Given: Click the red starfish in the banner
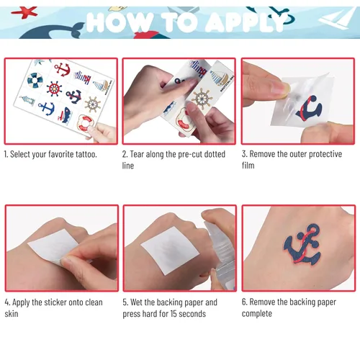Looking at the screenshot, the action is [24, 12].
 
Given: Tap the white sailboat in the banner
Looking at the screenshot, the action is [337, 19].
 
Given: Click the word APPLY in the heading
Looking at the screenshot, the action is [246, 22].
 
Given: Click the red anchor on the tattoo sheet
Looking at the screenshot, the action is [62, 69].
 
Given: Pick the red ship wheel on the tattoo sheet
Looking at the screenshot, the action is [54, 89].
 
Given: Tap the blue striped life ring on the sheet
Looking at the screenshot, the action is [35, 81].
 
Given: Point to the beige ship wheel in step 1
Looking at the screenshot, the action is [93, 104].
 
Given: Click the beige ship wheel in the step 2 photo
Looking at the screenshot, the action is [202, 99].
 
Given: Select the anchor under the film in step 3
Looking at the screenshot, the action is [309, 109].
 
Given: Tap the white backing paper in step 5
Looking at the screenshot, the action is [170, 250].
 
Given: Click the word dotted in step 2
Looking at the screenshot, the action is [215, 154].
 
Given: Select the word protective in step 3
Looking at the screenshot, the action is [325, 154].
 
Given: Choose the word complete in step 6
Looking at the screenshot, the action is [257, 314].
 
